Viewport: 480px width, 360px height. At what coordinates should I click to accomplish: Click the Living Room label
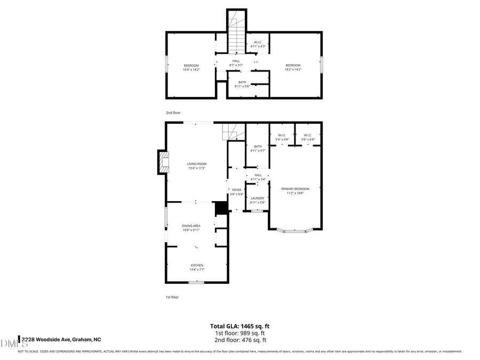point(196,166)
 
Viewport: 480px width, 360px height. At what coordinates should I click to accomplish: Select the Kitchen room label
point(197,267)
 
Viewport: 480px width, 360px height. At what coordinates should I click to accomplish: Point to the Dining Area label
point(191,228)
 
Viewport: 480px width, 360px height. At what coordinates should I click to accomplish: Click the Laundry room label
point(258,200)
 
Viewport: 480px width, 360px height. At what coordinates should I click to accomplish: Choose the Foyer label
point(236,192)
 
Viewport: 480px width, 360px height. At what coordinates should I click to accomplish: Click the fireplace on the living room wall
point(162,162)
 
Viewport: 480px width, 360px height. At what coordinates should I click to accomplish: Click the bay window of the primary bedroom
point(295,231)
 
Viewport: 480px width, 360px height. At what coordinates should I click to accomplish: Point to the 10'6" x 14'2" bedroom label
point(191,67)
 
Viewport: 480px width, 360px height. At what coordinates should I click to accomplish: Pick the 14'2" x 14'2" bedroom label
point(293,67)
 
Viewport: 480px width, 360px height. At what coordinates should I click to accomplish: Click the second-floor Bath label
point(242,84)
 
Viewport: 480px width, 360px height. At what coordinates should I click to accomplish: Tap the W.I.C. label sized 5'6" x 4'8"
point(308,137)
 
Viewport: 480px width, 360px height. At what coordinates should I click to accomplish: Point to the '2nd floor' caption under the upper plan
point(173,113)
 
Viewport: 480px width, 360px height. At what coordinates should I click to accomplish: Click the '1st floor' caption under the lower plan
point(172,297)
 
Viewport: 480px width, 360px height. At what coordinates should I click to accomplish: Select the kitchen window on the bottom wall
point(197,282)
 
